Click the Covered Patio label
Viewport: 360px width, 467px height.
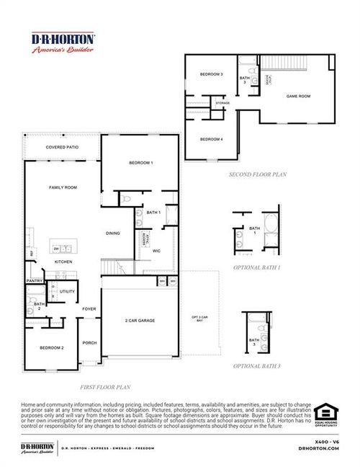tap(63, 147)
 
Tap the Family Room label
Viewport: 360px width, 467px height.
tap(63, 187)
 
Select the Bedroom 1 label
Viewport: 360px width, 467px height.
tap(140, 164)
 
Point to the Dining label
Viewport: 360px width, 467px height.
tap(113, 233)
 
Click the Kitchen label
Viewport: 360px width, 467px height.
tap(63, 262)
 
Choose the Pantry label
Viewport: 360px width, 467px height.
tap(34, 280)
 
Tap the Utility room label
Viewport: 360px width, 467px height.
tap(68, 292)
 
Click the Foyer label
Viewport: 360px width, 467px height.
tap(89, 309)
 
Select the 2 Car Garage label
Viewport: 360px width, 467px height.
tap(140, 321)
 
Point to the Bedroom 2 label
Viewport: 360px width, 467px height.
tap(51, 348)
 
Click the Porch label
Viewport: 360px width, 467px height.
tap(89, 343)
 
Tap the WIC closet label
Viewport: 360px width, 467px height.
tap(156, 251)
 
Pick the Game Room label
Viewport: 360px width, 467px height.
tap(298, 96)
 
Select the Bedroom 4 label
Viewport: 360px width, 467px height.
tap(211, 138)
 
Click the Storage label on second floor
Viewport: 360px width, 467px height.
tap(222, 103)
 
